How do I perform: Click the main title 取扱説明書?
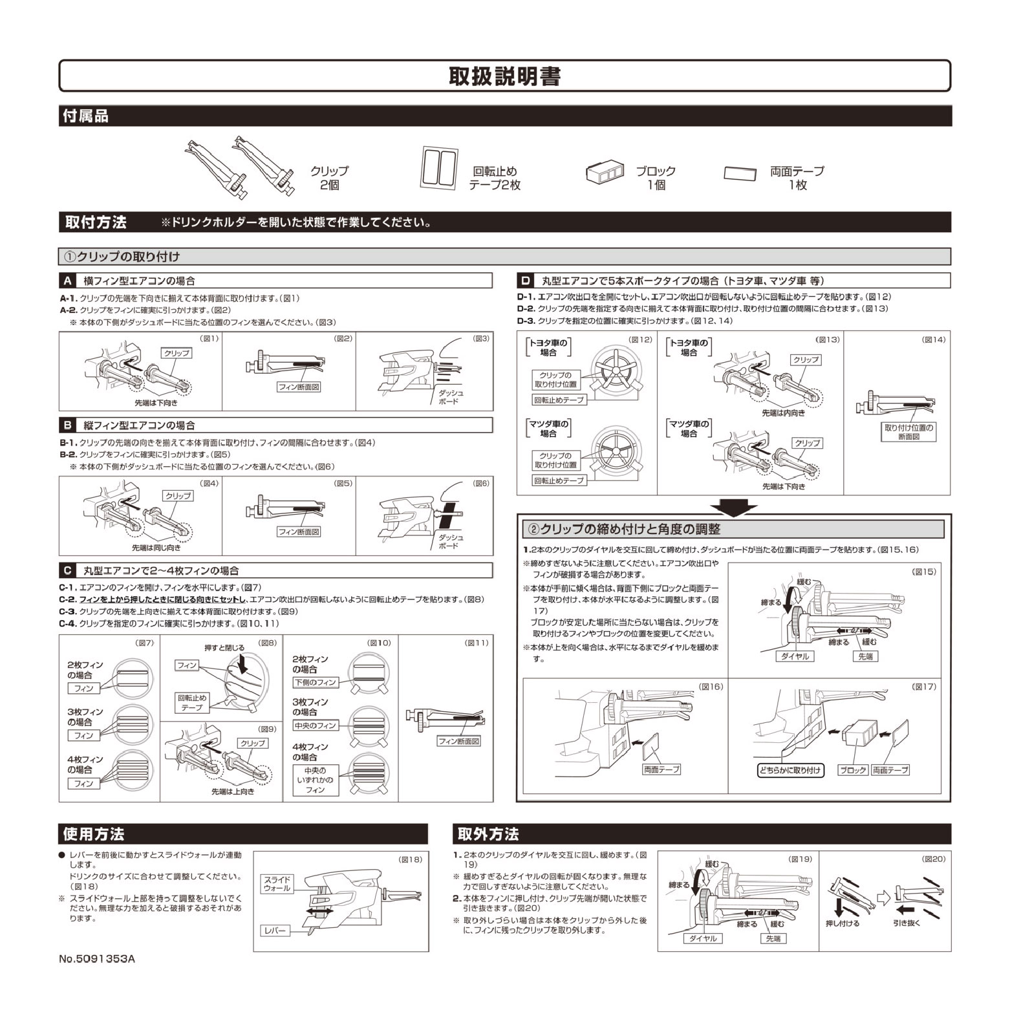click(504, 76)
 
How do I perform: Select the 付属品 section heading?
click(85, 116)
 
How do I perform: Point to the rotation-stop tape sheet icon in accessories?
click(440, 167)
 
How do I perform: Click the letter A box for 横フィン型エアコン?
click(67, 281)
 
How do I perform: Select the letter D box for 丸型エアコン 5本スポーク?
click(525, 281)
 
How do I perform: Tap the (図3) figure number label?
click(481, 338)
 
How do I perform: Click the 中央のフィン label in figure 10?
click(315, 726)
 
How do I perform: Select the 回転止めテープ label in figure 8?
click(192, 703)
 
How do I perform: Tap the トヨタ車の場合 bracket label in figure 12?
click(548, 348)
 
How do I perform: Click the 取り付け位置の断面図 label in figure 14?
click(908, 432)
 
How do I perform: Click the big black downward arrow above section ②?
click(733, 506)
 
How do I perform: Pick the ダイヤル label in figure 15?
click(795, 656)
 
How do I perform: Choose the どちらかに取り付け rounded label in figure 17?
click(790, 770)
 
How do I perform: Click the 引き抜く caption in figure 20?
click(907, 923)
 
